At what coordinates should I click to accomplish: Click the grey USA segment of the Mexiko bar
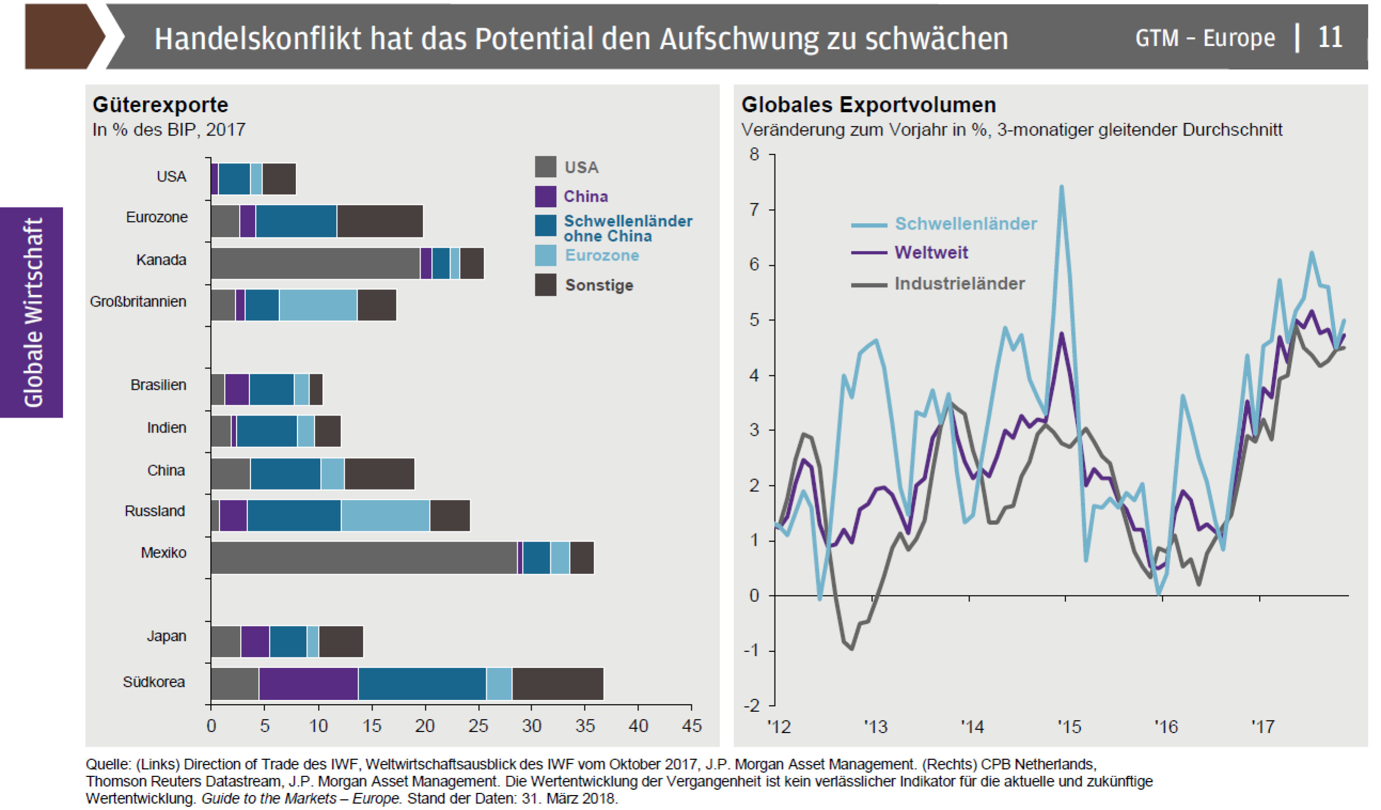pos(364,558)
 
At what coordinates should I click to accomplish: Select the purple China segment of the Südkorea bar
pos(308,683)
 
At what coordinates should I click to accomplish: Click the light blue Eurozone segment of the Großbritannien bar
pos(318,305)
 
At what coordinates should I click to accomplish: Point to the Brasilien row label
pos(158,385)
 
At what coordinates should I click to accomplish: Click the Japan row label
pos(166,636)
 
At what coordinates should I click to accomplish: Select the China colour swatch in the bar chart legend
pos(545,196)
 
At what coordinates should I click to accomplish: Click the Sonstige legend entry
pos(598,285)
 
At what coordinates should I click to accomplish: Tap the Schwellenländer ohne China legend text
pos(627,228)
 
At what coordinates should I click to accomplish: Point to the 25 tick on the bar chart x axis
pos(478,726)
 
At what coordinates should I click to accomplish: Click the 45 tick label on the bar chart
pos(691,726)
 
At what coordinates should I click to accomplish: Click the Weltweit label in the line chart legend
pos(930,252)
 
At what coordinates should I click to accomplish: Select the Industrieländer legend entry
pos(959,284)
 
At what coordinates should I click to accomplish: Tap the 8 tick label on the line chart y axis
pos(755,154)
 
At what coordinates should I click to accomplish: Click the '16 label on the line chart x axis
pos(1166,727)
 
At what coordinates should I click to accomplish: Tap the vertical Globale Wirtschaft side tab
pos(32,312)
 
